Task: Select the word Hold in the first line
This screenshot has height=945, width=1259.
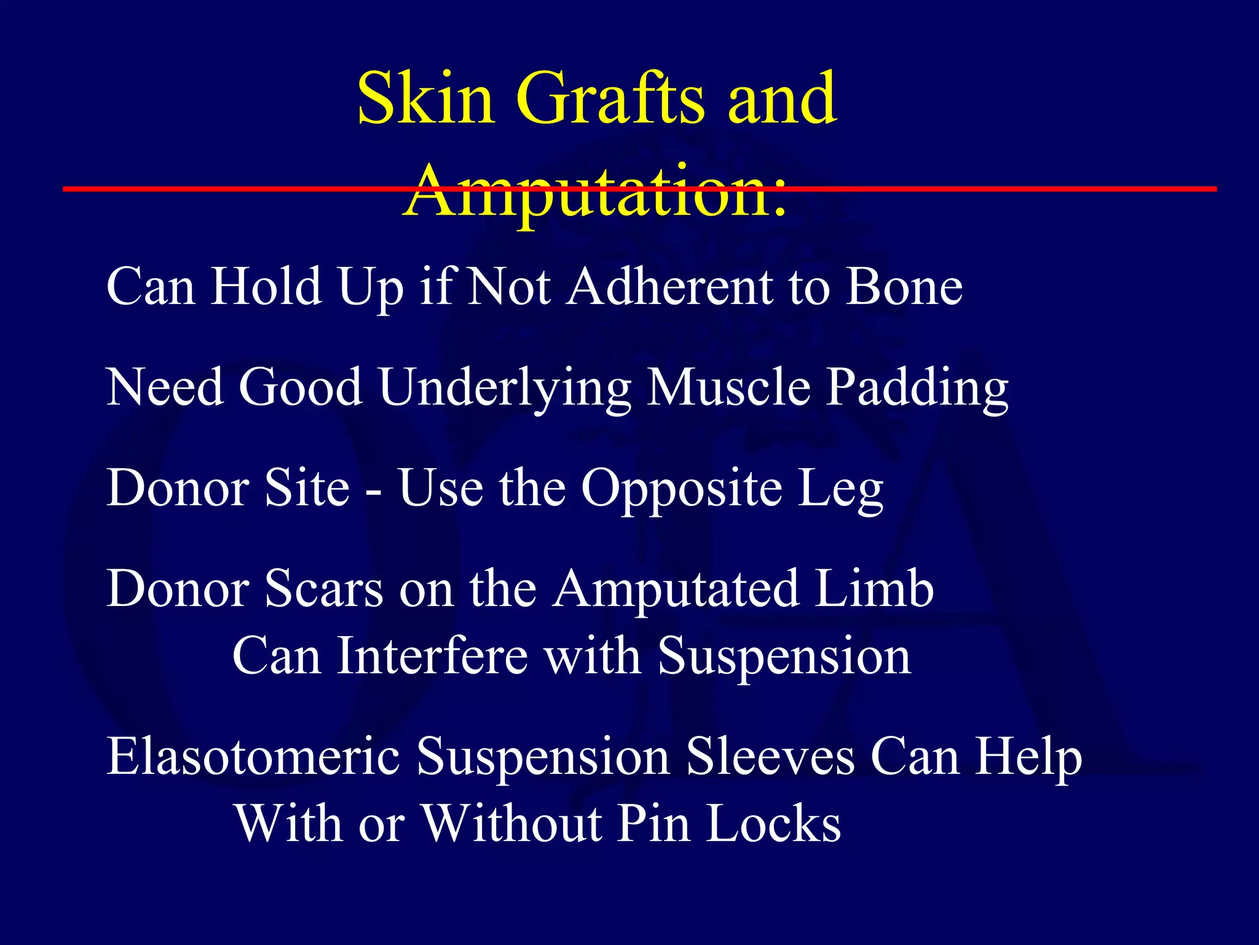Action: [x=266, y=287]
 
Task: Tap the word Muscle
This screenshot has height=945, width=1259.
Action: [x=729, y=388]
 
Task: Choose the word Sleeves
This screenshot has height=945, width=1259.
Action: [x=770, y=756]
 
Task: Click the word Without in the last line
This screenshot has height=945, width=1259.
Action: [x=513, y=824]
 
